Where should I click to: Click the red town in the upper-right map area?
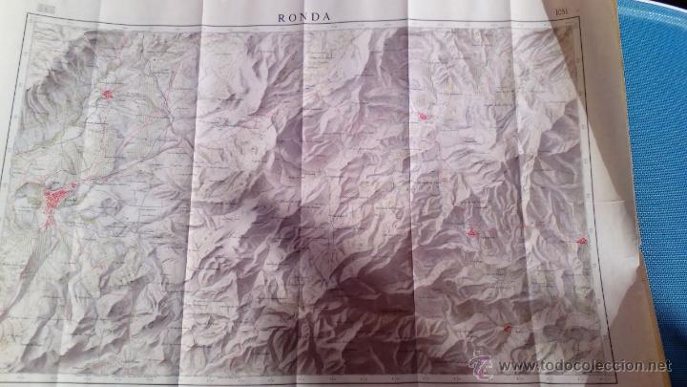(x=421, y=116)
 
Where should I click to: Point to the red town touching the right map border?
(x=581, y=244)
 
